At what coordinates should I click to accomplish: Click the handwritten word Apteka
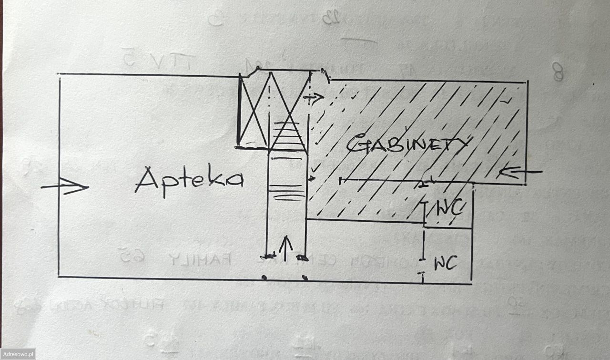coord(189,180)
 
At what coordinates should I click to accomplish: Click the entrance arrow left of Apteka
coord(65,186)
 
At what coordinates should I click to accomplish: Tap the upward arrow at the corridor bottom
coord(285,249)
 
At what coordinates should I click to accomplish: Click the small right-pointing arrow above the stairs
coord(316,97)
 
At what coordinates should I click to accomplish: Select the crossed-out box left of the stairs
coord(254,110)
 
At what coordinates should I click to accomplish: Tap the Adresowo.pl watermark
coord(18,354)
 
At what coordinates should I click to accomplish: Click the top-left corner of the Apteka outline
coord(59,75)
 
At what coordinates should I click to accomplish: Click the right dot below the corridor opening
coord(305,277)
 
